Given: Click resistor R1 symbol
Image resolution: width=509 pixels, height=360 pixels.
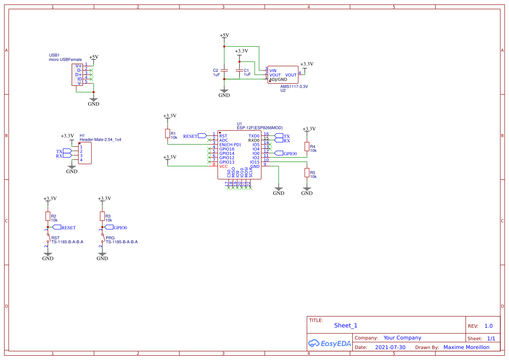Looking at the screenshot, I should (167, 134).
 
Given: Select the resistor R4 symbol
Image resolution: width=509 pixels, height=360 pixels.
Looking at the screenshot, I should (307, 147).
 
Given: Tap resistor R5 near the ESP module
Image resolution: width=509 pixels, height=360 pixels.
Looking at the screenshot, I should (307, 173).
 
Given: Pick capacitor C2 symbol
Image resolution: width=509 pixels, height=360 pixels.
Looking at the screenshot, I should (224, 70).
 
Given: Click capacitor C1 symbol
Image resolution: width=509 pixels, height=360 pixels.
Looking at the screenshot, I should (239, 70).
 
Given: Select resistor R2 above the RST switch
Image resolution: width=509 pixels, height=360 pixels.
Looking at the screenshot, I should (48, 216).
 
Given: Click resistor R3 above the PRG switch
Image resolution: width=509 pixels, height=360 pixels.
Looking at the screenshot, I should (102, 216).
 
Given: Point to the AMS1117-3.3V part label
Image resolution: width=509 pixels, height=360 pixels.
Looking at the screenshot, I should (294, 86).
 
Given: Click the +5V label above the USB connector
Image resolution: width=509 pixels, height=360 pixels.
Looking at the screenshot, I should (94, 57).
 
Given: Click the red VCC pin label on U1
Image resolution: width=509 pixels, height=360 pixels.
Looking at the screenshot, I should (223, 166).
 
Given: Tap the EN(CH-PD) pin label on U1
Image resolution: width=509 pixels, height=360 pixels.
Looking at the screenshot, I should (230, 145).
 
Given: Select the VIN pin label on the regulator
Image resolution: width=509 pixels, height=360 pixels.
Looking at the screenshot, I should (273, 71).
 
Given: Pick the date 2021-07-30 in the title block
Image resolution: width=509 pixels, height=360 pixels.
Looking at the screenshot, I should (390, 347).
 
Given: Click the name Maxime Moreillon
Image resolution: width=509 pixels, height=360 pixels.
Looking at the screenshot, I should (466, 347).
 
